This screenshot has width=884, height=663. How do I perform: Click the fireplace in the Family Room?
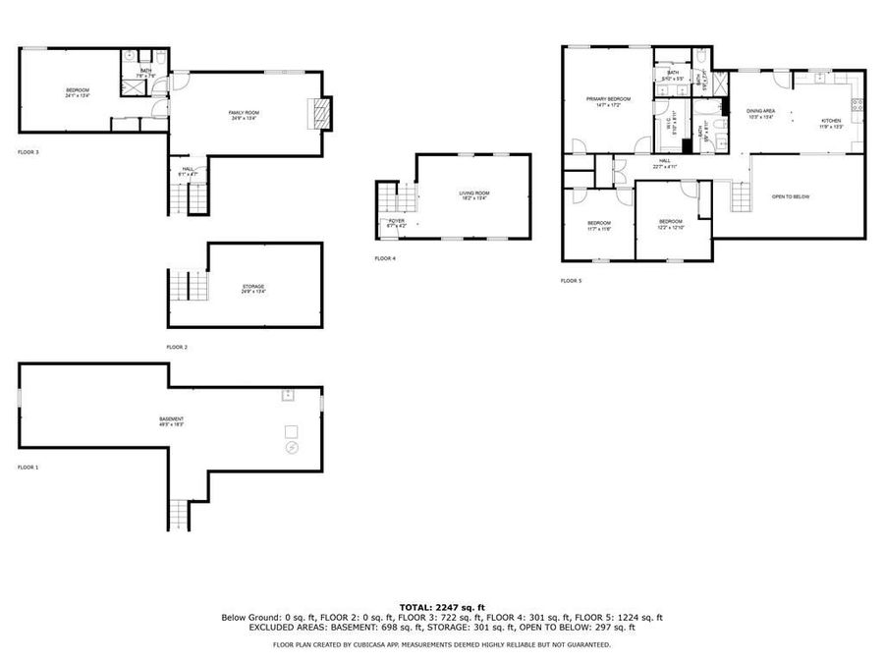(x=318, y=113)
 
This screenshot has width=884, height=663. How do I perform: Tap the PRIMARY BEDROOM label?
(x=608, y=99)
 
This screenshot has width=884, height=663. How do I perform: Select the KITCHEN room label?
(x=832, y=123)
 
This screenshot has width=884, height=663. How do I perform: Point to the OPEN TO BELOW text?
(x=791, y=196)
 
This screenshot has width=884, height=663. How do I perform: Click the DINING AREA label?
(x=761, y=111)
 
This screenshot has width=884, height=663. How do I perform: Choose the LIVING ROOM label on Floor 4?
(x=473, y=193)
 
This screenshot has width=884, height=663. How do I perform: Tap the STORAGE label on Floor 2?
(x=253, y=287)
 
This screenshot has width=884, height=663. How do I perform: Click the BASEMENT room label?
(x=172, y=420)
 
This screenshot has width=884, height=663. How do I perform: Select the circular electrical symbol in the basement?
(x=292, y=448)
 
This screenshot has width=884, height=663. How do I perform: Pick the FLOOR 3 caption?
(x=28, y=152)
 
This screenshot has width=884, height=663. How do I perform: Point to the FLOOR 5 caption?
(x=571, y=281)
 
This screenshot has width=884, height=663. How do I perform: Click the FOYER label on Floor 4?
(x=396, y=222)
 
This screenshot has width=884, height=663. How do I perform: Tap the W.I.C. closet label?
(x=672, y=127)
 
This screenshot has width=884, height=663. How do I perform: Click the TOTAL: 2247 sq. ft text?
(x=441, y=607)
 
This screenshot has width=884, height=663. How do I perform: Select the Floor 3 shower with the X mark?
(x=130, y=86)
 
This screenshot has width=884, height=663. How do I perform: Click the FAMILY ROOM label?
(x=244, y=113)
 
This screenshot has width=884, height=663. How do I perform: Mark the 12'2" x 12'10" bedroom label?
(x=670, y=222)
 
